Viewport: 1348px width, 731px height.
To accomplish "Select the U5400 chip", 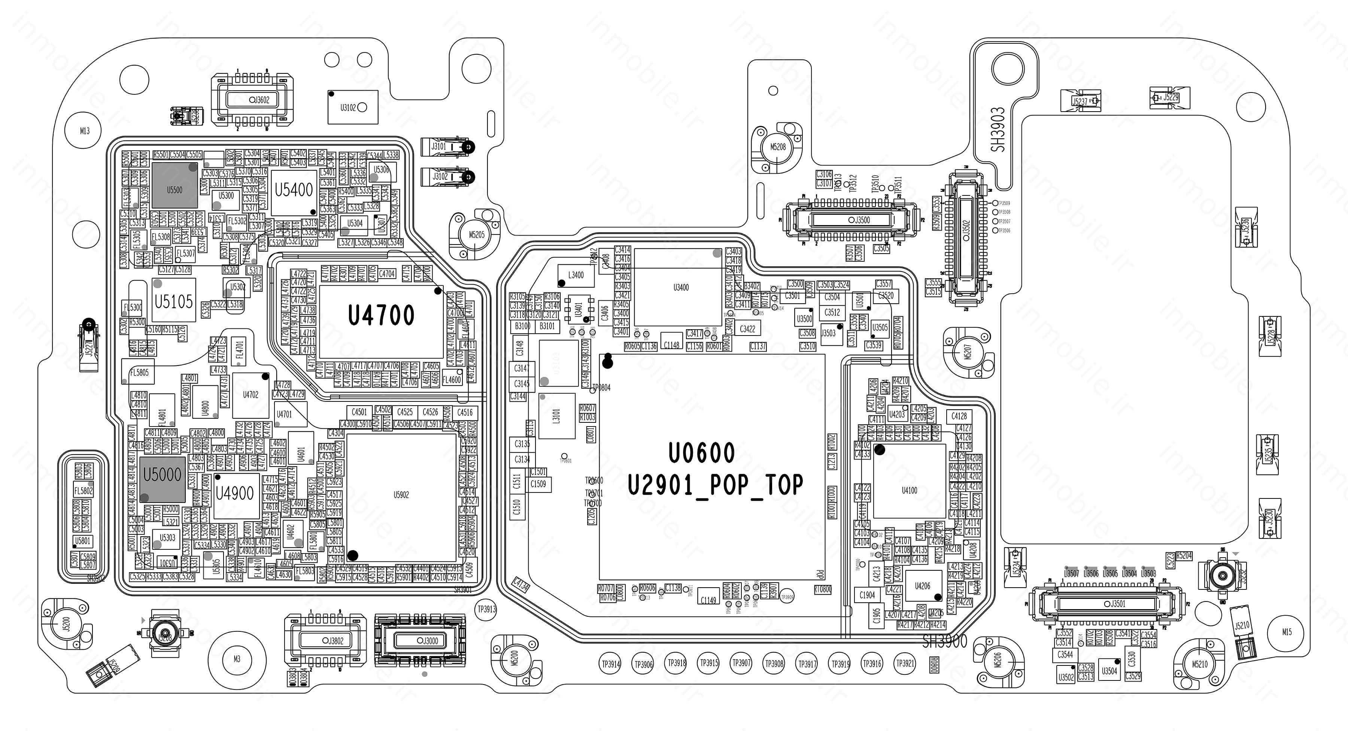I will (x=294, y=191).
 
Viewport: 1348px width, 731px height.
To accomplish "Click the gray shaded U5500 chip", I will (x=175, y=185).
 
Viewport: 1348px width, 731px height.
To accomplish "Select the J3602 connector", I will (x=252, y=99).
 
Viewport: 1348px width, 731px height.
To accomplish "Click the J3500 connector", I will (x=850, y=220).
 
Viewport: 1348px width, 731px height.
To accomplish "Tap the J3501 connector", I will (x=1106, y=604).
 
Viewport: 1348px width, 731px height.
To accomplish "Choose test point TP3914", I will (x=611, y=664).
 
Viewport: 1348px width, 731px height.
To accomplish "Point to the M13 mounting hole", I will (x=84, y=130).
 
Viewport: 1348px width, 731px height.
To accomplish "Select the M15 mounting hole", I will (x=1287, y=632).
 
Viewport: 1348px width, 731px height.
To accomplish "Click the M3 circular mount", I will (x=237, y=659).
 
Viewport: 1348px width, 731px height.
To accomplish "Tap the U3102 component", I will (x=353, y=107).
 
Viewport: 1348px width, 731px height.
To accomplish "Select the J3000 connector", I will (x=420, y=640).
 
